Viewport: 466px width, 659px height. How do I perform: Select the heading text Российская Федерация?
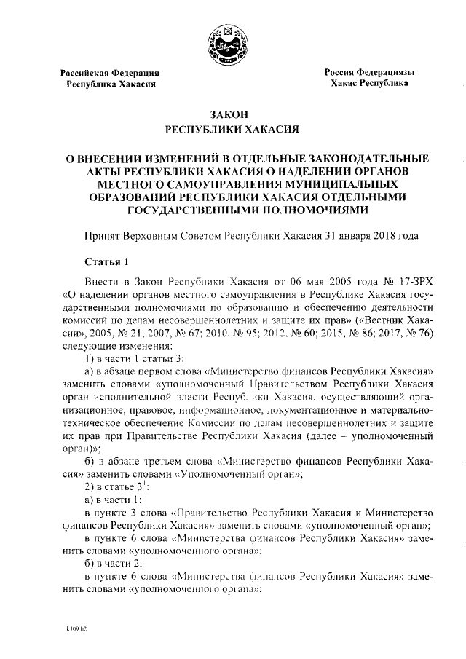(x=109, y=73)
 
